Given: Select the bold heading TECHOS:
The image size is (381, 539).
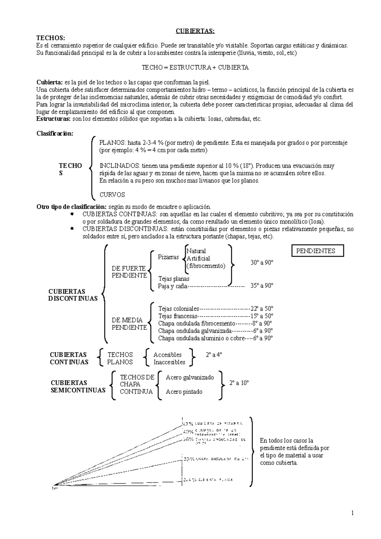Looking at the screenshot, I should [51, 38].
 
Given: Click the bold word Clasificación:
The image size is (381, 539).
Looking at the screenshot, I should [55, 133].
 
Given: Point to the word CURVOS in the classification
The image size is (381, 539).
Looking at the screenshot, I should [112, 195].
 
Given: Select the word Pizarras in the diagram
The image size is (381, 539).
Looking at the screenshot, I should [168, 257].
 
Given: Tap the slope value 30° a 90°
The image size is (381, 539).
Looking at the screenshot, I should [262, 263].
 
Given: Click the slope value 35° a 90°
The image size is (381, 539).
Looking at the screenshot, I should [262, 285].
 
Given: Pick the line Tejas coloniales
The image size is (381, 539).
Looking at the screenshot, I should [178, 309].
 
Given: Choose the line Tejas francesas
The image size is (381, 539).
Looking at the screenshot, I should [177, 316].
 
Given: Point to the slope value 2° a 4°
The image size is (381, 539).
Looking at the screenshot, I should [214, 355].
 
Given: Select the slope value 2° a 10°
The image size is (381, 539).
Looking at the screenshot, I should [239, 383].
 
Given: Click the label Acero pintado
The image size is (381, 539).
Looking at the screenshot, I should [184, 392].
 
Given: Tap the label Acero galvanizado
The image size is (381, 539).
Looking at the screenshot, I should [190, 377].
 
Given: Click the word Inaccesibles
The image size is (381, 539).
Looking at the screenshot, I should [169, 362].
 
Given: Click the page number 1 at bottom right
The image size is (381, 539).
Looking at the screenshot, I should [352, 513].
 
